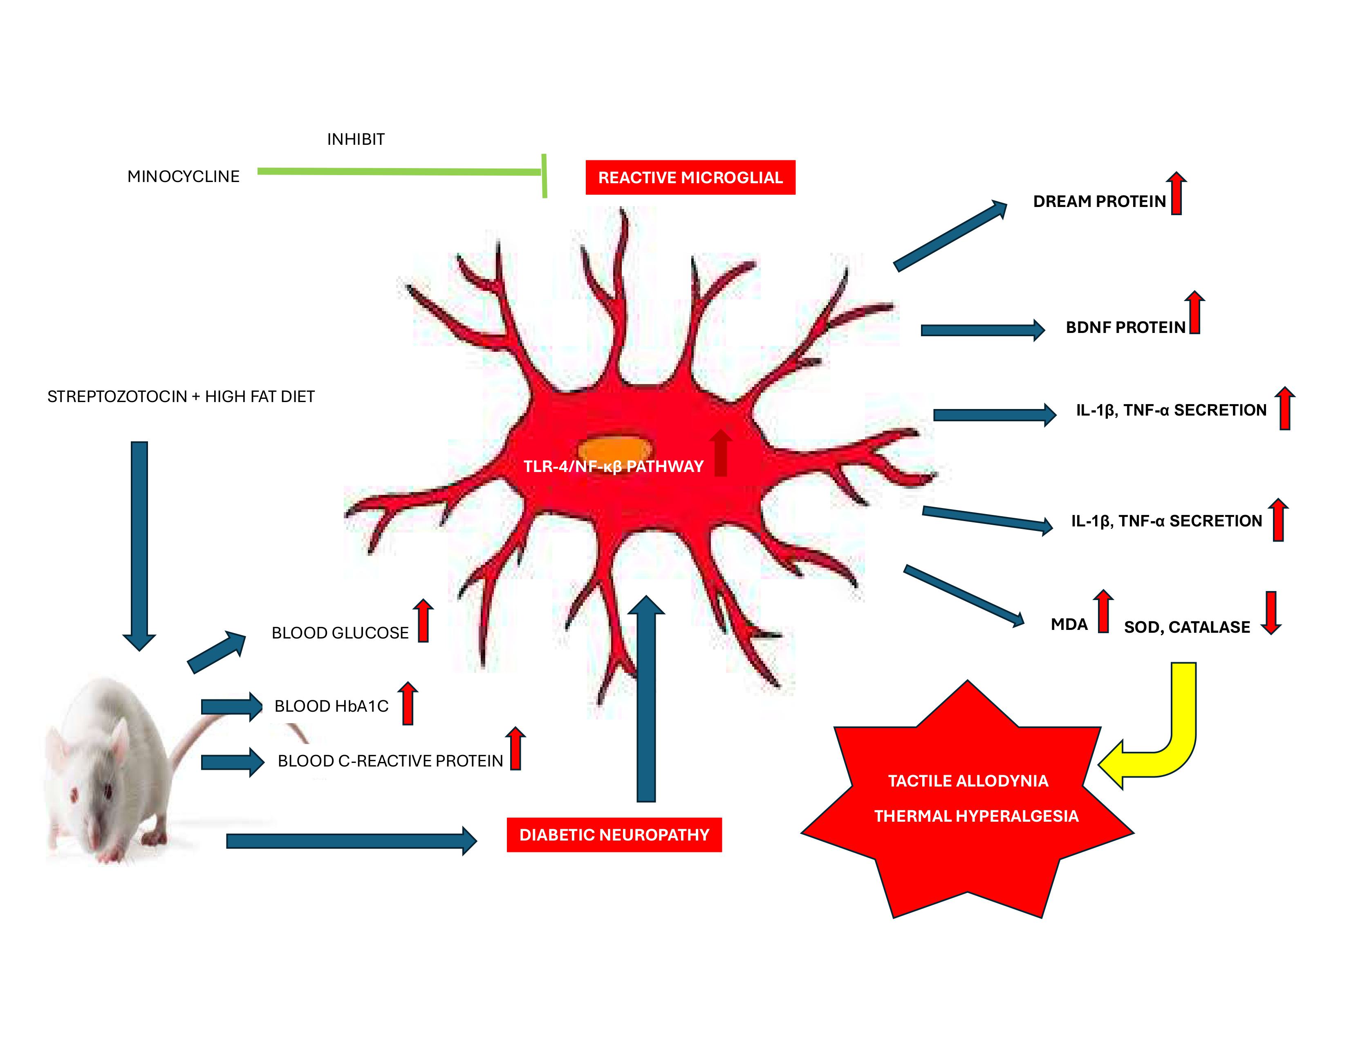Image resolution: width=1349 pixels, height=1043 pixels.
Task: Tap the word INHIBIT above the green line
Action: [355, 139]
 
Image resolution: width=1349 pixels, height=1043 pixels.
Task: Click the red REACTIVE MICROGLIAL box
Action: [690, 178]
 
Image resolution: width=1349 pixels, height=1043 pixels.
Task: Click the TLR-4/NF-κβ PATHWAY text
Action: [613, 467]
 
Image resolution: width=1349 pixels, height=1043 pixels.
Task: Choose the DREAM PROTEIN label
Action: [1099, 201]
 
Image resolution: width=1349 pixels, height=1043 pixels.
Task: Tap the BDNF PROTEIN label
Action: [1125, 328]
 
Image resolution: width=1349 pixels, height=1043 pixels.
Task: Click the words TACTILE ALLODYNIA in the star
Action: [968, 781]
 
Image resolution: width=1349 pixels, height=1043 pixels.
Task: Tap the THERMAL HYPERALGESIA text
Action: [976, 816]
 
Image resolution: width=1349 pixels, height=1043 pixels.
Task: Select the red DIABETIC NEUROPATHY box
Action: [614, 835]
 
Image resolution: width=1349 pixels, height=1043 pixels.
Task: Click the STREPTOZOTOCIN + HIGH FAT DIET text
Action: [181, 397]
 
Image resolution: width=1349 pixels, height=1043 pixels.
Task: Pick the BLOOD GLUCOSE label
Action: [340, 633]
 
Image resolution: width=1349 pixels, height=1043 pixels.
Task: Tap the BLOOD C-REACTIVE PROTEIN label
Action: [390, 761]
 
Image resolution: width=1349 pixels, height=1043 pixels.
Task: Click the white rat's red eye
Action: [108, 791]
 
